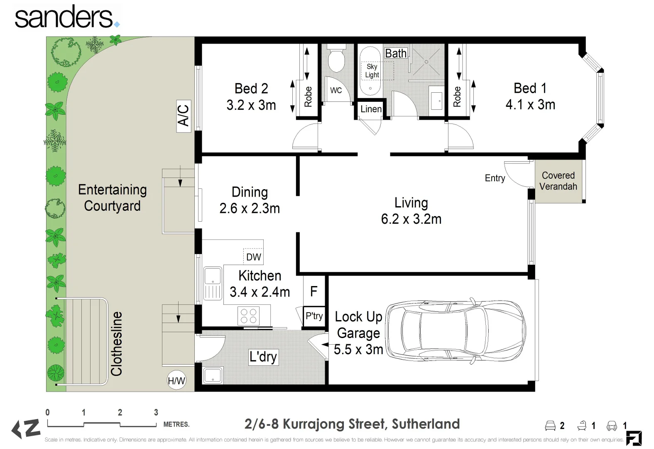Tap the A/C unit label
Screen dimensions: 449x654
coord(184,116)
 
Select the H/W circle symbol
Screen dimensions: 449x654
coord(176,380)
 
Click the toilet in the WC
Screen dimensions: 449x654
coord(336,61)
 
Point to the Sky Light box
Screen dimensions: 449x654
coord(372,71)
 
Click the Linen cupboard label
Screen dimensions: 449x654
coord(371,109)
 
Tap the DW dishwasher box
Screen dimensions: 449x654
coord(253,257)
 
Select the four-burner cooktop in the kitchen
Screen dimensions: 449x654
coord(248,316)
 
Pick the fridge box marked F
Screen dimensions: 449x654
coord(314,291)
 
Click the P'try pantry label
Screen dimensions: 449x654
coord(314,316)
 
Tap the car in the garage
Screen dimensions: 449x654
coord(455,331)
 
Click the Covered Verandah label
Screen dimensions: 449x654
coord(558,181)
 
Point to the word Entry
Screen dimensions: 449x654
coord(495,178)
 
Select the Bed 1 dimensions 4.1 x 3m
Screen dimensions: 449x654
coord(530,105)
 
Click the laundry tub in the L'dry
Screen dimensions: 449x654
coord(213,375)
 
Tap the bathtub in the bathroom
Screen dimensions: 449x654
coord(370,71)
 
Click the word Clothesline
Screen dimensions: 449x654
coord(117,344)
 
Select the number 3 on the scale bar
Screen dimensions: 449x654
coord(156,412)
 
